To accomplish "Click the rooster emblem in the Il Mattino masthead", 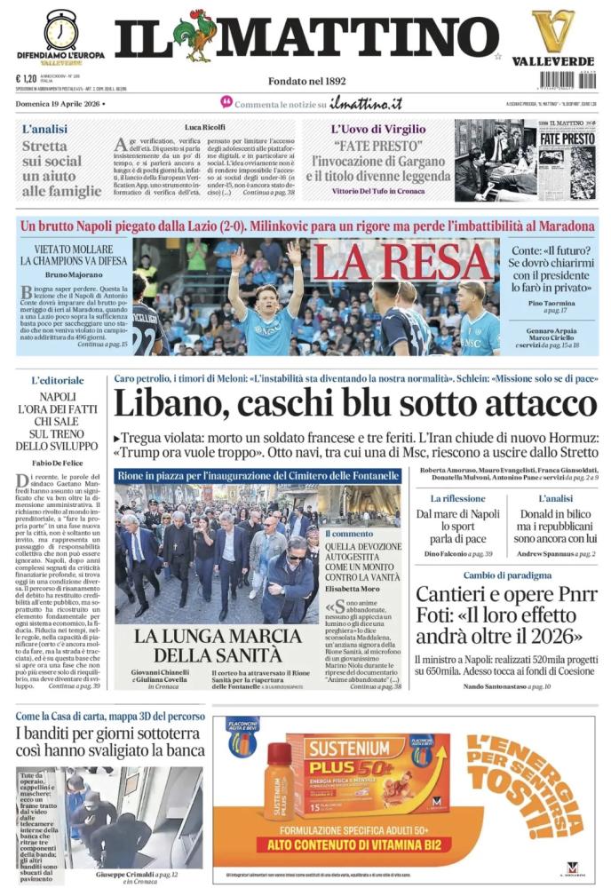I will tap(195, 36).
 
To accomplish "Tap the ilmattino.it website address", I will tap(365, 104).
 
